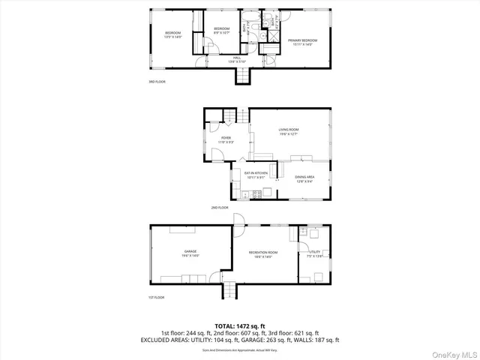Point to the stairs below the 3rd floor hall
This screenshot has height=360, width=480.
(241, 76)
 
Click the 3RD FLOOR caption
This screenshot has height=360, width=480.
(157, 82)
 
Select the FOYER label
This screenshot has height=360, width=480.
(226, 139)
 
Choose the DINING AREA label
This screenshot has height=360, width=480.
(304, 178)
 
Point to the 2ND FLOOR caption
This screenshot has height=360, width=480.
(220, 208)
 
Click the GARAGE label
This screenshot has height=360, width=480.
(190, 253)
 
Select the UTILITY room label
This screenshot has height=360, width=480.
(314, 253)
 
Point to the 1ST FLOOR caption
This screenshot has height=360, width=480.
(156, 297)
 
